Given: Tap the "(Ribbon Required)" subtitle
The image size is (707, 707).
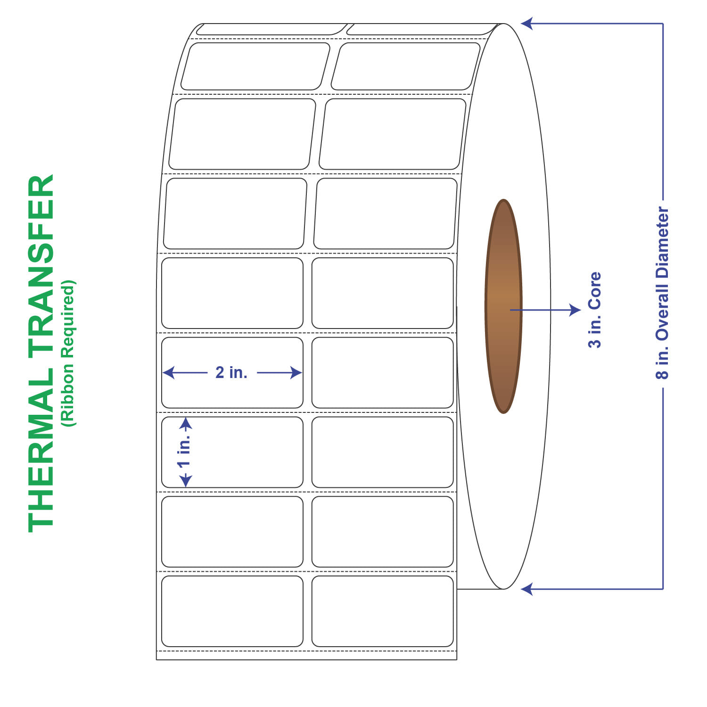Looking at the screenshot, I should (x=68, y=353).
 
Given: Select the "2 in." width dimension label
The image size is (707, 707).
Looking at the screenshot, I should (x=231, y=372).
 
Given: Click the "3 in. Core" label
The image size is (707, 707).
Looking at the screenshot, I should (x=595, y=310).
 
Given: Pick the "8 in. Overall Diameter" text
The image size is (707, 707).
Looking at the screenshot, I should (x=662, y=293).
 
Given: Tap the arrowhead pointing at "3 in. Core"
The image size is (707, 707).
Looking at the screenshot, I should (x=576, y=310).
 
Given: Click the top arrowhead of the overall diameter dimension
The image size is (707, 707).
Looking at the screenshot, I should (x=526, y=24).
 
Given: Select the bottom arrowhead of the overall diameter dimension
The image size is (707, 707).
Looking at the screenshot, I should (x=526, y=589).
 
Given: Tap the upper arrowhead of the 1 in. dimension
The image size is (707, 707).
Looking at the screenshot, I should (x=186, y=423).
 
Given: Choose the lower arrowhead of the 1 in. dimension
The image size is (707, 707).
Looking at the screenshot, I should (x=186, y=482).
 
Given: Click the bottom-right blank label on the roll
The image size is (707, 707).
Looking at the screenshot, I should (x=382, y=611).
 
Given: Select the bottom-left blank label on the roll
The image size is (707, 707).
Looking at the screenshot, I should (x=232, y=611).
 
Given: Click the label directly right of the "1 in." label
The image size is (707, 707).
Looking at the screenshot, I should (x=382, y=452).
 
